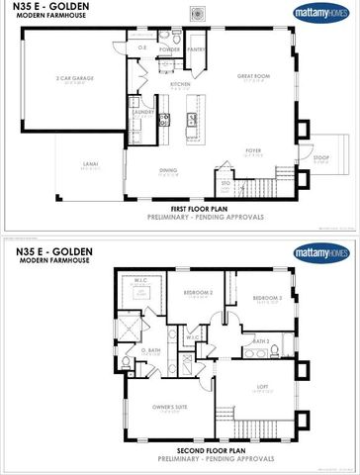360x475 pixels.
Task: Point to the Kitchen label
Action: [180, 86]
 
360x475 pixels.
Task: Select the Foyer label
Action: [253, 151]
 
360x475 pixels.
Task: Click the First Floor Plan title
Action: [179, 210]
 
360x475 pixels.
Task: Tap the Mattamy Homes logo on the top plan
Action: [321, 13]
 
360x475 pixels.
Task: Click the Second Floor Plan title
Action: [179, 448]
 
